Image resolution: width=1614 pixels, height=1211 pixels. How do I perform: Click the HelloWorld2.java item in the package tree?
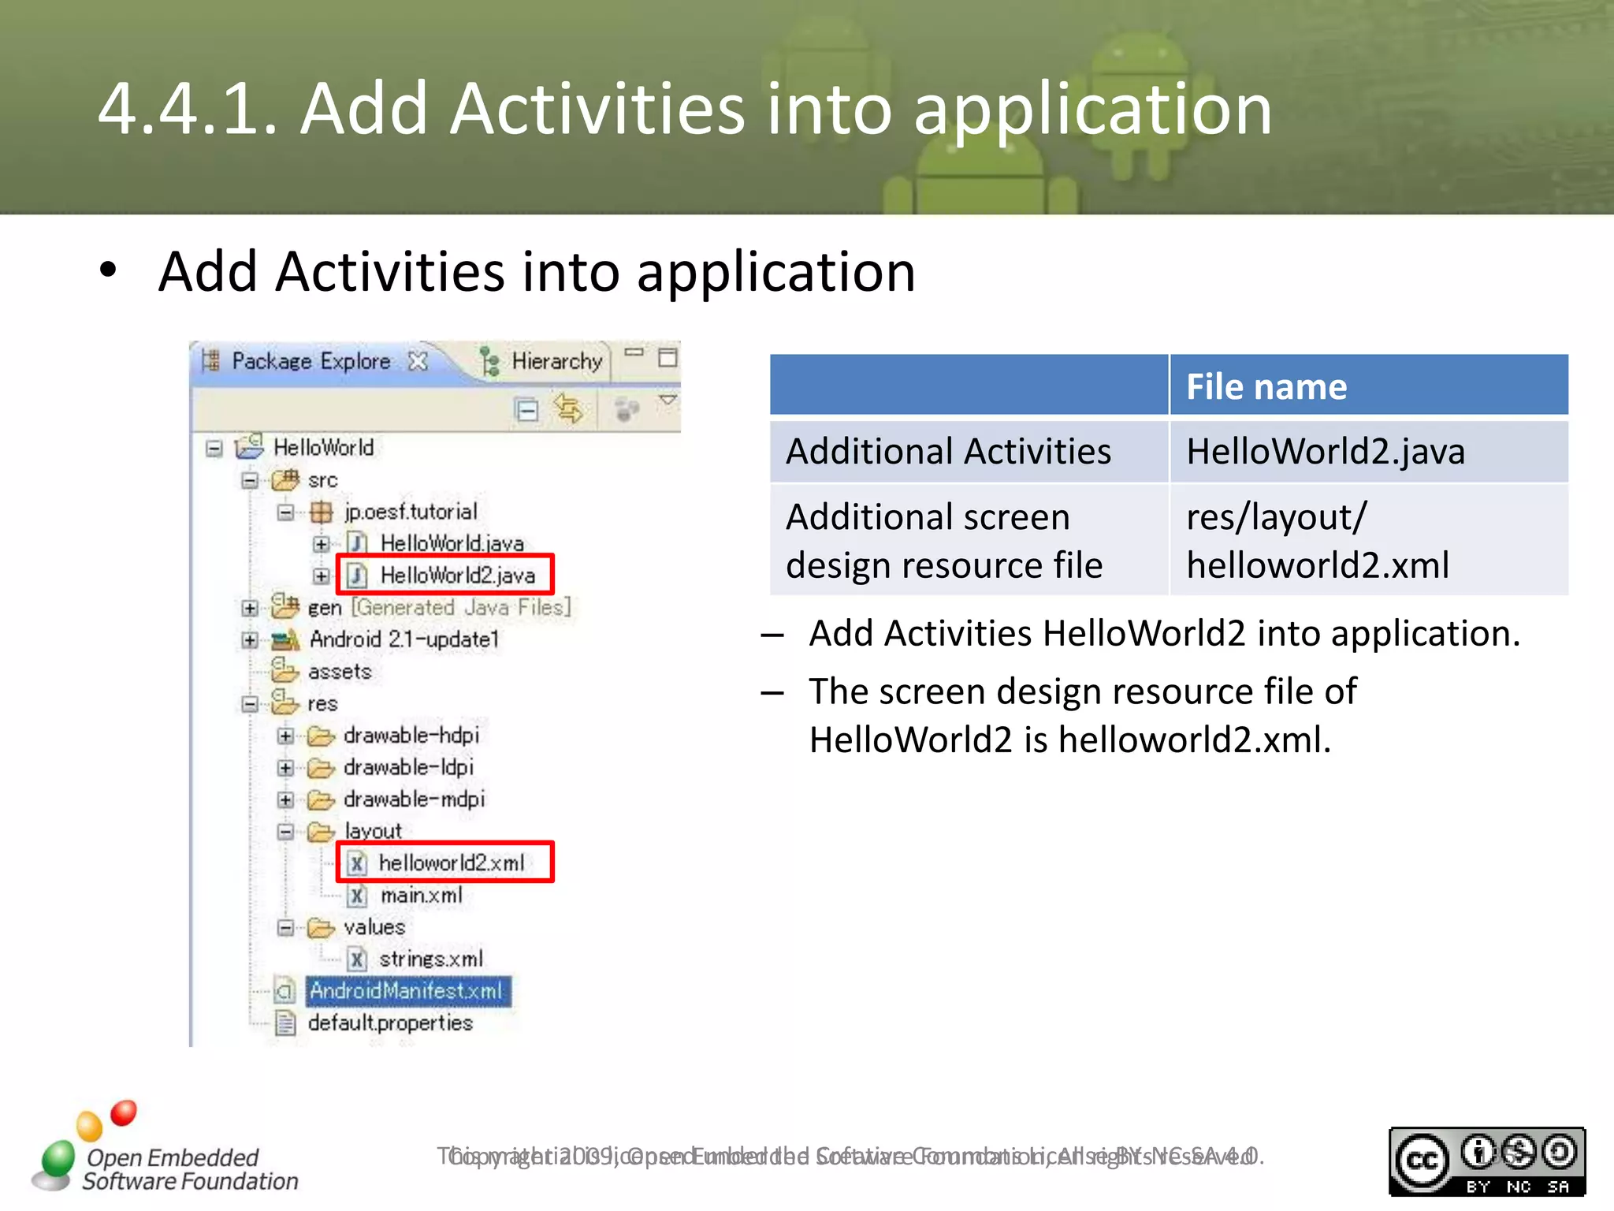pos(457,575)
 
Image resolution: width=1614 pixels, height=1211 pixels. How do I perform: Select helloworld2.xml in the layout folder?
pos(452,863)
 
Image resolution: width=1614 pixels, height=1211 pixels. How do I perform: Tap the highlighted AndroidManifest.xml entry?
pos(407,991)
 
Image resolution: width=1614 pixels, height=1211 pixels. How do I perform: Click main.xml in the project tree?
pos(422,895)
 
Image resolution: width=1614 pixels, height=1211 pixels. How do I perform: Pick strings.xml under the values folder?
pos(431,959)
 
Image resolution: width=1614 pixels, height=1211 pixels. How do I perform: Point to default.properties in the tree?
pos(390,1023)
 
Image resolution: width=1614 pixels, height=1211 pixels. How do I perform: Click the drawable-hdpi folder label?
pos(411,735)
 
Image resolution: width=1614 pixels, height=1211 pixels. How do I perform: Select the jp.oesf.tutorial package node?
pos(411,512)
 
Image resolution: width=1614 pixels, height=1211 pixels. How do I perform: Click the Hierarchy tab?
pos(556,361)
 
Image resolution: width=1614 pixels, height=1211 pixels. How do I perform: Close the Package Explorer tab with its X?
pos(418,361)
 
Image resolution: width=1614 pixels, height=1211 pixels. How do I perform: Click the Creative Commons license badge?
pos(1486,1161)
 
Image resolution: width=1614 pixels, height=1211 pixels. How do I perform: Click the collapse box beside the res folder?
pos(250,703)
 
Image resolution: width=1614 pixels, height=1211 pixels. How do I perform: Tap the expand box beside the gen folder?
pos(250,608)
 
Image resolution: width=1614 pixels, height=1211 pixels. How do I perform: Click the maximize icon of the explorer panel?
pos(668,357)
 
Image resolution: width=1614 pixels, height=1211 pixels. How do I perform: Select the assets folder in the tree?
pos(339,671)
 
